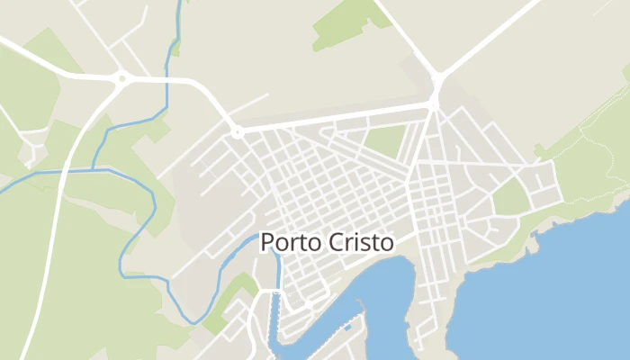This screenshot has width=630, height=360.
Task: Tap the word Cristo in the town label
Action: tap(360, 243)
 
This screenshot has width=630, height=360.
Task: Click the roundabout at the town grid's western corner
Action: tap(238, 132)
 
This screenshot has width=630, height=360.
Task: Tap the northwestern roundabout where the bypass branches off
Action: tap(121, 79)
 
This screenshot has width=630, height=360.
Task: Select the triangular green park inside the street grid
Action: tap(384, 142)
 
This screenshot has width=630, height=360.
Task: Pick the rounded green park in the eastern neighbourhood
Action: tap(510, 196)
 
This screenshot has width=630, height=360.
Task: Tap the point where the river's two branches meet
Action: tap(94, 168)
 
